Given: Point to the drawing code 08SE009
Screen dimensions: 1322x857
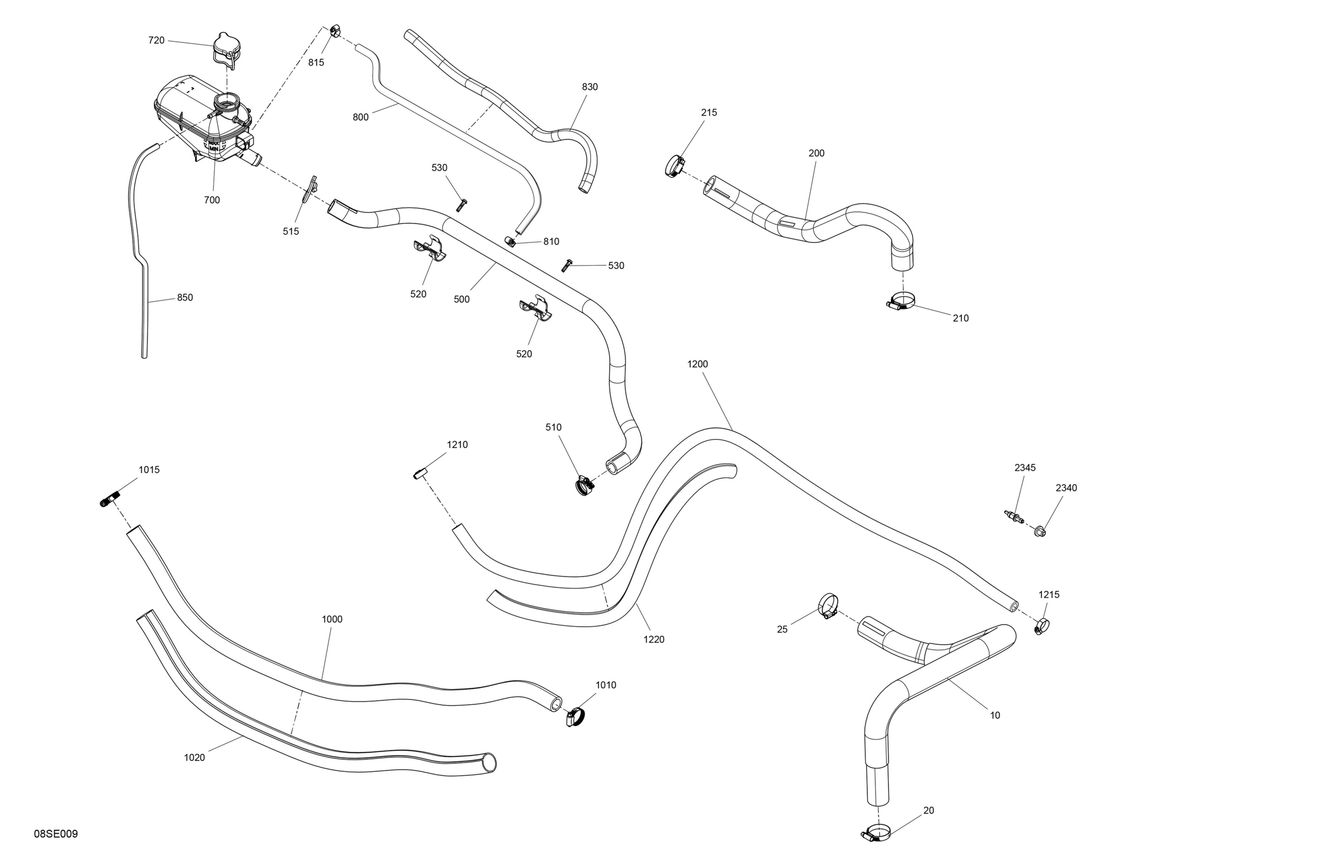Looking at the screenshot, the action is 56,834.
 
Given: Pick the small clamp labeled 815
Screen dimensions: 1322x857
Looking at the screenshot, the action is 335,30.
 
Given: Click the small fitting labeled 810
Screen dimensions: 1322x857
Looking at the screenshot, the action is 510,241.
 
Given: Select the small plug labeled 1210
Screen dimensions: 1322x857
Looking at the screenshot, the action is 420,473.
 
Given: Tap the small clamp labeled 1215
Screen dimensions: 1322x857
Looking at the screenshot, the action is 1041,627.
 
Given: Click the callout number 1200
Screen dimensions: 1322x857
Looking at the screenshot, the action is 698,364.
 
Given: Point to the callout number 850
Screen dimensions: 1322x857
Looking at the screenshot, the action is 185,298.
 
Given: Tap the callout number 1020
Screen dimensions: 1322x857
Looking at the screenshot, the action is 194,757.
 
